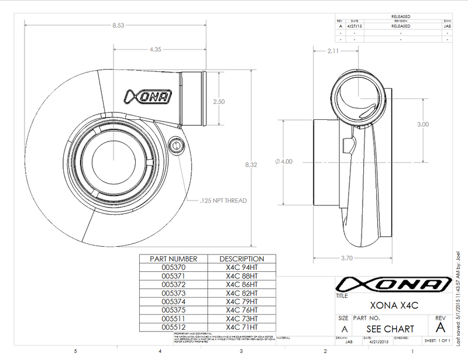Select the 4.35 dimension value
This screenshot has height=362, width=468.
[156, 50]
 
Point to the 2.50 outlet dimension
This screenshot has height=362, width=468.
[219, 101]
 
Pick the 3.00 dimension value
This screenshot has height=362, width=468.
[423, 124]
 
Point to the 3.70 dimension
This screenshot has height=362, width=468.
[346, 257]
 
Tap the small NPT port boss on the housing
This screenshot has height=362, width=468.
[175, 144]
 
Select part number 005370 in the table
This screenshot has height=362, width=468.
[174, 267]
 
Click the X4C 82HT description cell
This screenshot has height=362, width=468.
[242, 292]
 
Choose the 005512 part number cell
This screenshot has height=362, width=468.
[174, 327]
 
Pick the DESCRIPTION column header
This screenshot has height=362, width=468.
[242, 258]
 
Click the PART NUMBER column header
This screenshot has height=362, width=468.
[174, 258]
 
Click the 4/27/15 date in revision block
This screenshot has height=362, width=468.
[355, 26]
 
